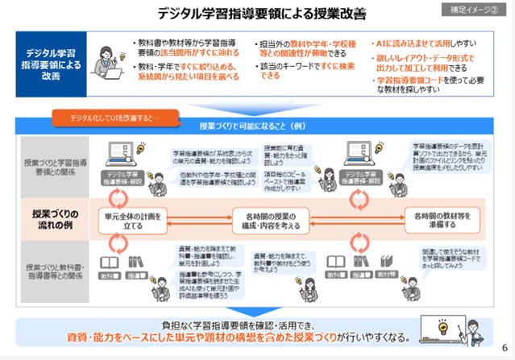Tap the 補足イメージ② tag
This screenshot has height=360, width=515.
(x=474, y=10)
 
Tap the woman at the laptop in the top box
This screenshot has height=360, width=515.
(x=107, y=63)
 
